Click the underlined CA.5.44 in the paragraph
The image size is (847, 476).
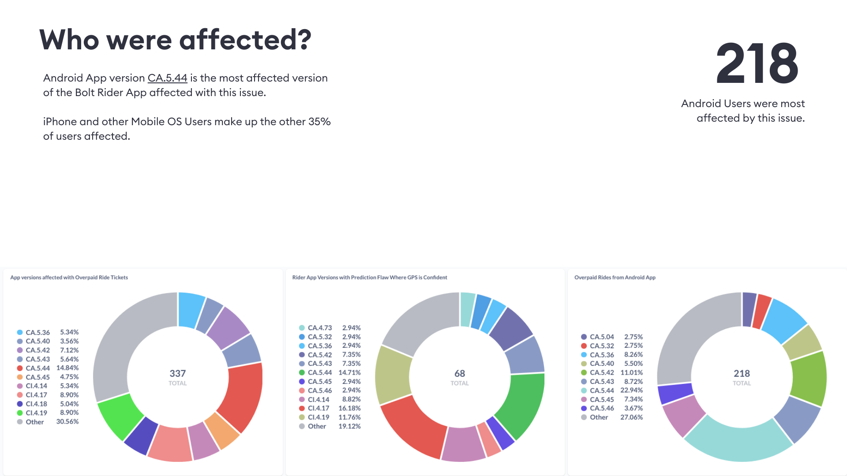pos(167,78)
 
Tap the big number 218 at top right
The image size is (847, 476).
pos(757,64)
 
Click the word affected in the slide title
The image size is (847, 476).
pos(245,40)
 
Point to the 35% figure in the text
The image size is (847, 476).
pos(319,122)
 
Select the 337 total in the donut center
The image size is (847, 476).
pos(178,373)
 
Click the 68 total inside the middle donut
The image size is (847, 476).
pos(460,373)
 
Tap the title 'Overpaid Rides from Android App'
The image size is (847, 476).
pos(615,277)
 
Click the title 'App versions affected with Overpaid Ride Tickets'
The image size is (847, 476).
pos(69,277)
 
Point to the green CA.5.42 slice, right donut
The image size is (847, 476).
pos(809,378)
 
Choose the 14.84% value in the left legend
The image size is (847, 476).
pos(67,368)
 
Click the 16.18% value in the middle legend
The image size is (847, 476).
pos(349,408)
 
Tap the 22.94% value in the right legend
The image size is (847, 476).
pos(631,390)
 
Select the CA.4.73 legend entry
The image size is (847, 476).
pos(319,328)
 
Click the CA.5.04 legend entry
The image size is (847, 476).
pos(601,337)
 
